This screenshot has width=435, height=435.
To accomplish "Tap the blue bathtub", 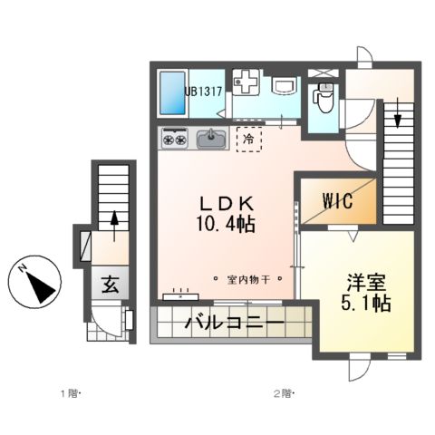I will pos(171,93).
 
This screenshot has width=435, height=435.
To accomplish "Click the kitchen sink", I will pos(211,139).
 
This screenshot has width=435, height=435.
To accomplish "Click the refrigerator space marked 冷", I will pos(247,140).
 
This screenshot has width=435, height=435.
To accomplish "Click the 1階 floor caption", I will pos(70,393).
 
